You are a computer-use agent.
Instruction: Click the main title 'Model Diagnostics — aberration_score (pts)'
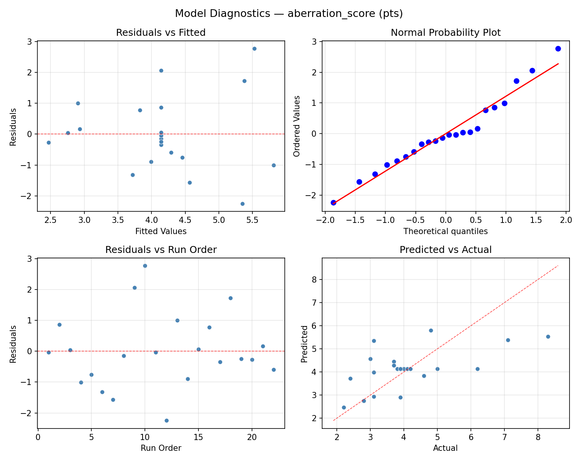289,13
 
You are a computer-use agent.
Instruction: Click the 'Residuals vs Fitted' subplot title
161,33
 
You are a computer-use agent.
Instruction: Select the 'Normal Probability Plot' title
445,33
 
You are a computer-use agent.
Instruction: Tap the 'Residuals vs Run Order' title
161,250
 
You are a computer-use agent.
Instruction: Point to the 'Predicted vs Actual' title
445,250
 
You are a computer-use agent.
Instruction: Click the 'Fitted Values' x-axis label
161,231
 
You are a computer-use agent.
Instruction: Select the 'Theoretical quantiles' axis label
445,231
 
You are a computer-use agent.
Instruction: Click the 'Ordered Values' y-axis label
296,126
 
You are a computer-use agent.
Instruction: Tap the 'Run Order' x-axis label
161,448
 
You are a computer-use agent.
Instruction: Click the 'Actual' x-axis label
445,448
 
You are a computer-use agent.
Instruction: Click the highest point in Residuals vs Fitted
254,49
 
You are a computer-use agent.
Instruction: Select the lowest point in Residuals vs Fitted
242,204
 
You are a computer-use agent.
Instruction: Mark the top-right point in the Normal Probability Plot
558,49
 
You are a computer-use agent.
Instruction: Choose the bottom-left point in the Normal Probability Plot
333,203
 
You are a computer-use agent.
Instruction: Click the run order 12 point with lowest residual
166,420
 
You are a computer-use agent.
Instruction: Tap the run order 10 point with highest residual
145,266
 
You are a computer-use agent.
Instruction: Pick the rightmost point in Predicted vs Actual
548,336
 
